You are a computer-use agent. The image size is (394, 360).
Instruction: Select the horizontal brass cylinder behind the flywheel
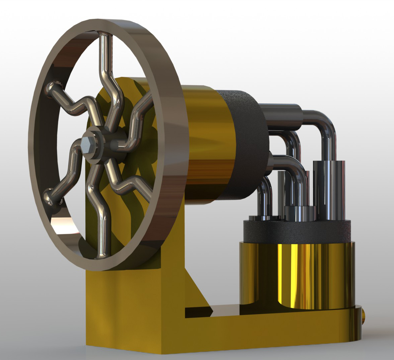(x=207, y=143)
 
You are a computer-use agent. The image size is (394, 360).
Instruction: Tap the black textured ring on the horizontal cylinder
(x=247, y=143)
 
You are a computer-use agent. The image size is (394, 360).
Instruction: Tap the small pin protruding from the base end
(x=364, y=317)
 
